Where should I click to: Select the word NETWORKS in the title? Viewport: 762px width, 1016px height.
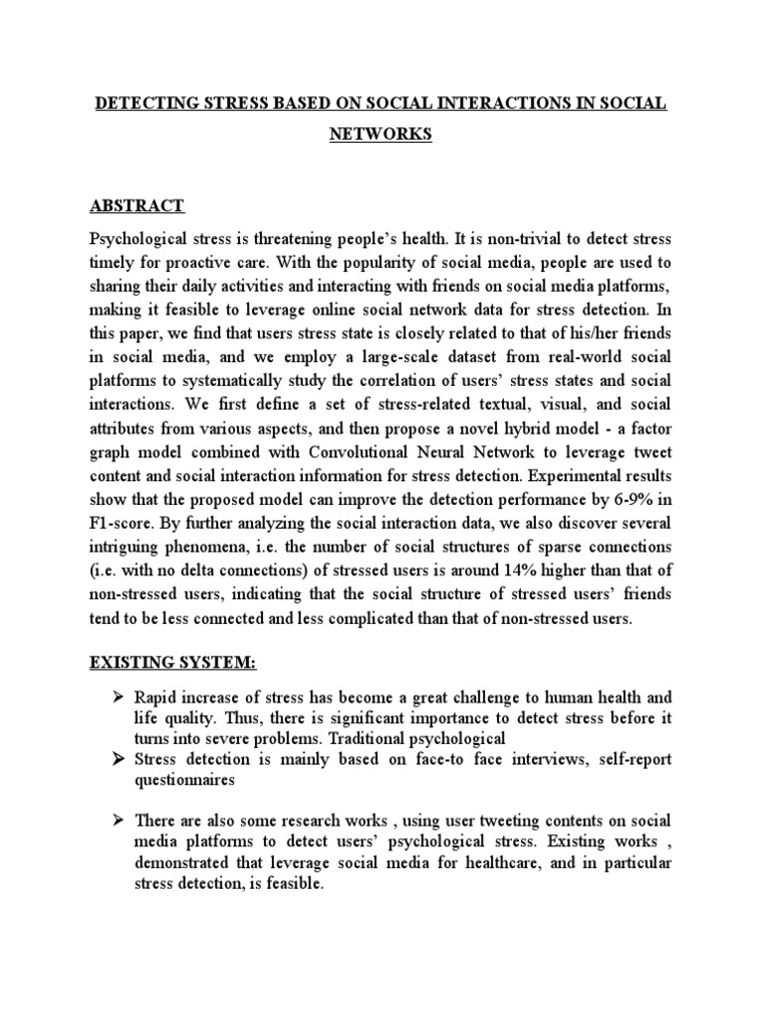click(x=381, y=135)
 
